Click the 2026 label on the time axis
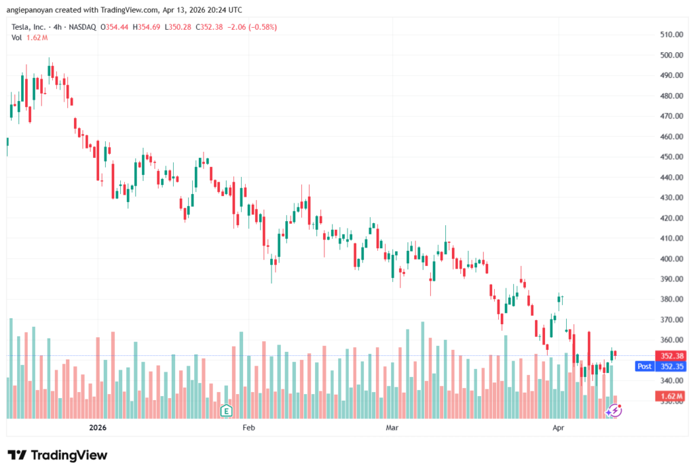tap(98, 428)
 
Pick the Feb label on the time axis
tap(248, 428)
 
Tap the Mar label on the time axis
tap(392, 428)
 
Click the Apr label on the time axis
tap(558, 428)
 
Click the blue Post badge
tap(644, 366)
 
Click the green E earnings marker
tap(226, 410)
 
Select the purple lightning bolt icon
tap(614, 410)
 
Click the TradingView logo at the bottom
tap(58, 455)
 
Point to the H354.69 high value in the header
tap(147, 27)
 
